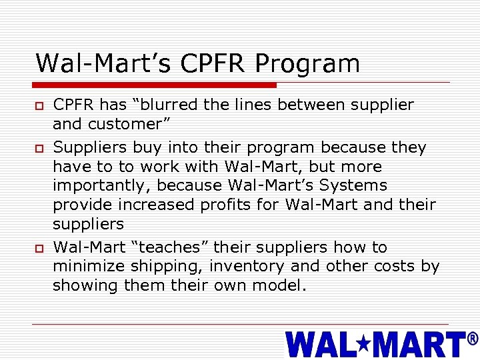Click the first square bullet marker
coord(39,106)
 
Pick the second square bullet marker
coord(39,147)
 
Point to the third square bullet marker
coord(39,248)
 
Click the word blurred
coord(173,105)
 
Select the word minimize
coord(89,267)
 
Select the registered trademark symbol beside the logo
coord(473,339)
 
